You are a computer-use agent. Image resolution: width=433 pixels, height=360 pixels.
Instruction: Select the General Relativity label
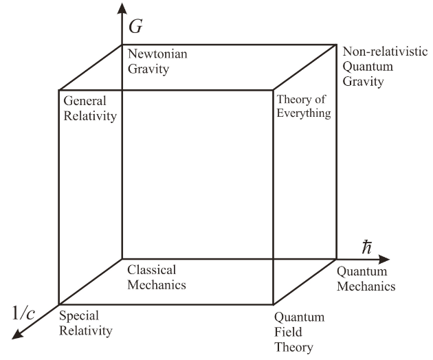[x=87, y=108]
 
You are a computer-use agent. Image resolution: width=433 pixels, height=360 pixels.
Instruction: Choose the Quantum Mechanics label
[x=366, y=279]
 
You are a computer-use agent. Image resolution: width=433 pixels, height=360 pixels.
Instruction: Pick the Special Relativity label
[x=85, y=323]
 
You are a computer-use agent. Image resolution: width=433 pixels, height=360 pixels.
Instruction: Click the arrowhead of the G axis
[x=122, y=8]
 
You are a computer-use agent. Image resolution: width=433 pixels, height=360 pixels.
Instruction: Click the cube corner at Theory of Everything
[x=274, y=89]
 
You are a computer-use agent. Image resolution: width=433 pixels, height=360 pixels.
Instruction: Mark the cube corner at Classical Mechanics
[x=122, y=260]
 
